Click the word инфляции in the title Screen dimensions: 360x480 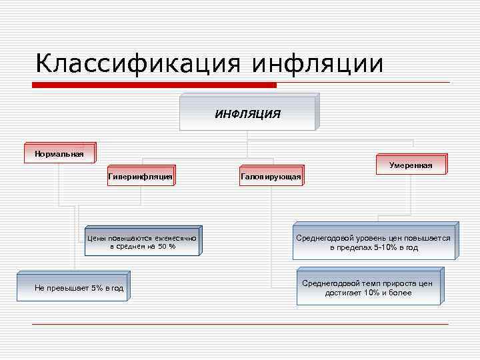318,64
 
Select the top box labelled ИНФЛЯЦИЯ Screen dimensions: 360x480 247,114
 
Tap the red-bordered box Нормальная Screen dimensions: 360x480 59,154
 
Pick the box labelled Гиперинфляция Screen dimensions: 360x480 140,177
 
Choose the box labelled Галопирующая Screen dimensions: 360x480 270,177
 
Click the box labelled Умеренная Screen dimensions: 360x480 411,165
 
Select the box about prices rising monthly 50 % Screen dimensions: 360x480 143,242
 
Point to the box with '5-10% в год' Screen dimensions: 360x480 373,243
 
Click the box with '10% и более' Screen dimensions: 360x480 368,288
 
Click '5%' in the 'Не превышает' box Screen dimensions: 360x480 98,289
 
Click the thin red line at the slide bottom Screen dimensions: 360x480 240,325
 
